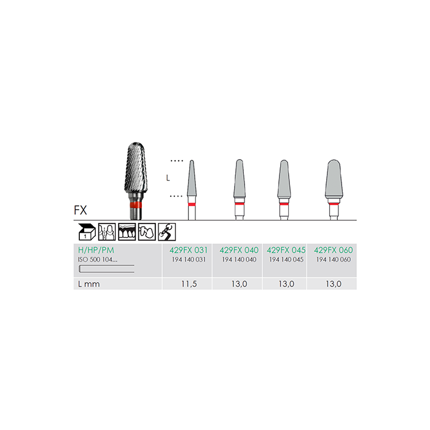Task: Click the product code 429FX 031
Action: (x=189, y=250)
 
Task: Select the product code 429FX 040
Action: (x=239, y=250)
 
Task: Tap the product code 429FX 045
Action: (x=286, y=250)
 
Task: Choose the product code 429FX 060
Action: (x=333, y=250)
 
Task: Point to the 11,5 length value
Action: (x=189, y=284)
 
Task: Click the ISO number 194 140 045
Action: (x=286, y=259)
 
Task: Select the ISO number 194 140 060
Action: (x=333, y=259)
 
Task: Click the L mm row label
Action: (x=89, y=284)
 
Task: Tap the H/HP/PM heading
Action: (x=96, y=250)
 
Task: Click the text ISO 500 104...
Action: (x=97, y=259)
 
